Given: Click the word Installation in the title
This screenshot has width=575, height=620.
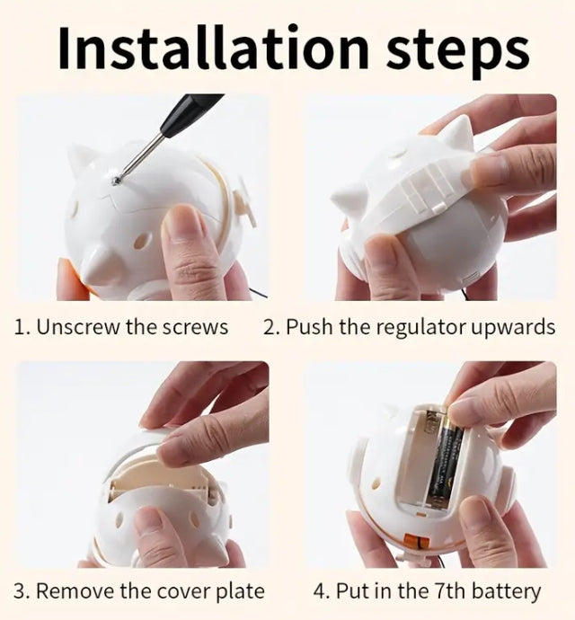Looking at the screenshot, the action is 214,48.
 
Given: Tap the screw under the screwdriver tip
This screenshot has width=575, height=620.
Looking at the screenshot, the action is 116,181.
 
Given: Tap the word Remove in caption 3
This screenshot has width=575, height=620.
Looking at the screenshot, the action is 75,591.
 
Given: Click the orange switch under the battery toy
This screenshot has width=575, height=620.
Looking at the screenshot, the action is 413,540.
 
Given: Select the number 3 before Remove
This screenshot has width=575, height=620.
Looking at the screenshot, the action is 19,591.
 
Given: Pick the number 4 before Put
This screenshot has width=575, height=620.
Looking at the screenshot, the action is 319,591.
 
